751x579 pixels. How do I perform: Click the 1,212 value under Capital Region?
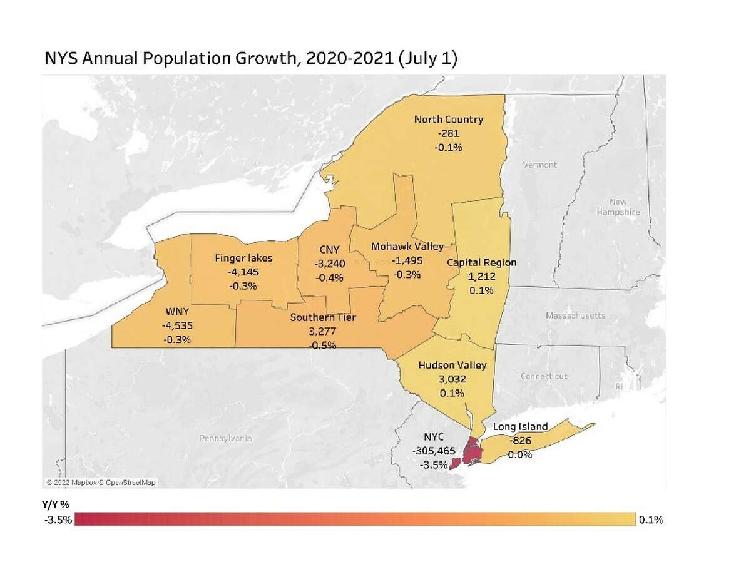pyautogui.click(x=481, y=276)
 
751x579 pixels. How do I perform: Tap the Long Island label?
pyautogui.click(x=520, y=427)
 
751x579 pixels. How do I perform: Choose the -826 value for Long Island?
pyautogui.click(x=520, y=441)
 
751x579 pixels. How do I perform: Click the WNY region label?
pyautogui.click(x=175, y=312)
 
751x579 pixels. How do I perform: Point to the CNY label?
pyautogui.click(x=325, y=250)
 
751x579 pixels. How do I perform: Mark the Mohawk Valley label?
pyautogui.click(x=407, y=247)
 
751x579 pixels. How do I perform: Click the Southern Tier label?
pyautogui.click(x=323, y=318)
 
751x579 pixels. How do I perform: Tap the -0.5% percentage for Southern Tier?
pyautogui.click(x=323, y=345)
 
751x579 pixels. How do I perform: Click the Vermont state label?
pyautogui.click(x=539, y=165)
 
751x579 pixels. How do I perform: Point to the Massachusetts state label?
pyautogui.click(x=575, y=316)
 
